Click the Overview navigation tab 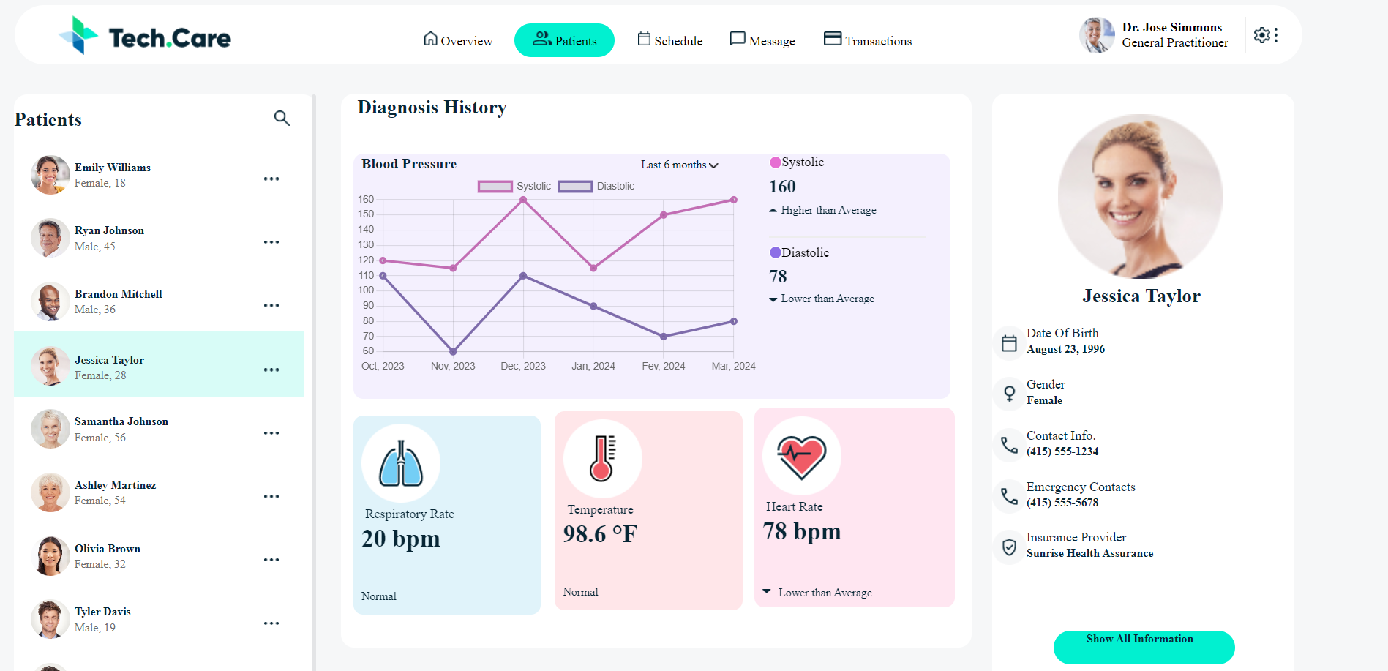458,40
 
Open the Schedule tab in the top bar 669,40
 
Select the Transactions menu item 868,40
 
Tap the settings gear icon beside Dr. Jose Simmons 1261,35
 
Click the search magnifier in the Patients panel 282,118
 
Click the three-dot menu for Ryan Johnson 271,242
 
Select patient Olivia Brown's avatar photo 50,556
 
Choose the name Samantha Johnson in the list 121,421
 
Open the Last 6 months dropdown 679,165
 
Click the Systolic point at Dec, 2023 523,200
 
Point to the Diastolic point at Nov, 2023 453,351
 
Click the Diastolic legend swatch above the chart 575,187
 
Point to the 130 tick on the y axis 366,244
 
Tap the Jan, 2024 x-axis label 593,366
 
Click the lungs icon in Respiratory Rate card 401,464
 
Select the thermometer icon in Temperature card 602,459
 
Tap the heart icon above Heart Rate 801,457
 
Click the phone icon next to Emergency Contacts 1009,496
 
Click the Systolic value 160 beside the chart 782,187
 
